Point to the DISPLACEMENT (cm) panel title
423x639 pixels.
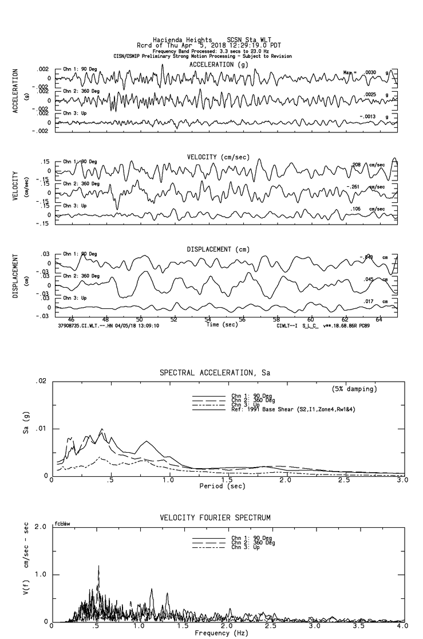click(218, 249)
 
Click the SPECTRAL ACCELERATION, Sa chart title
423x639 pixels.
click(215, 373)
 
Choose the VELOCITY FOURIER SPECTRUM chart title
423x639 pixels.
click(215, 518)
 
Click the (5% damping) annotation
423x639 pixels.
click(355, 389)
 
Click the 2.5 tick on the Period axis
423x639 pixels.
click(344, 480)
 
